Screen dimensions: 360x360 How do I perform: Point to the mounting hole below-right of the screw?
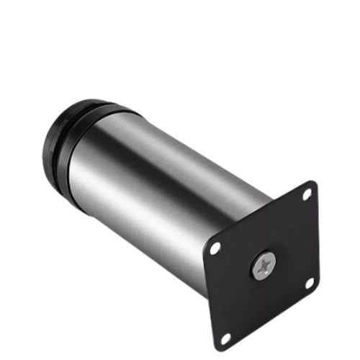pos(310,283)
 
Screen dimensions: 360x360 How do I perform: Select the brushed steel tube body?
pos(166,187)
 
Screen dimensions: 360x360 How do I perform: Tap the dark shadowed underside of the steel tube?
pos(158,245)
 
